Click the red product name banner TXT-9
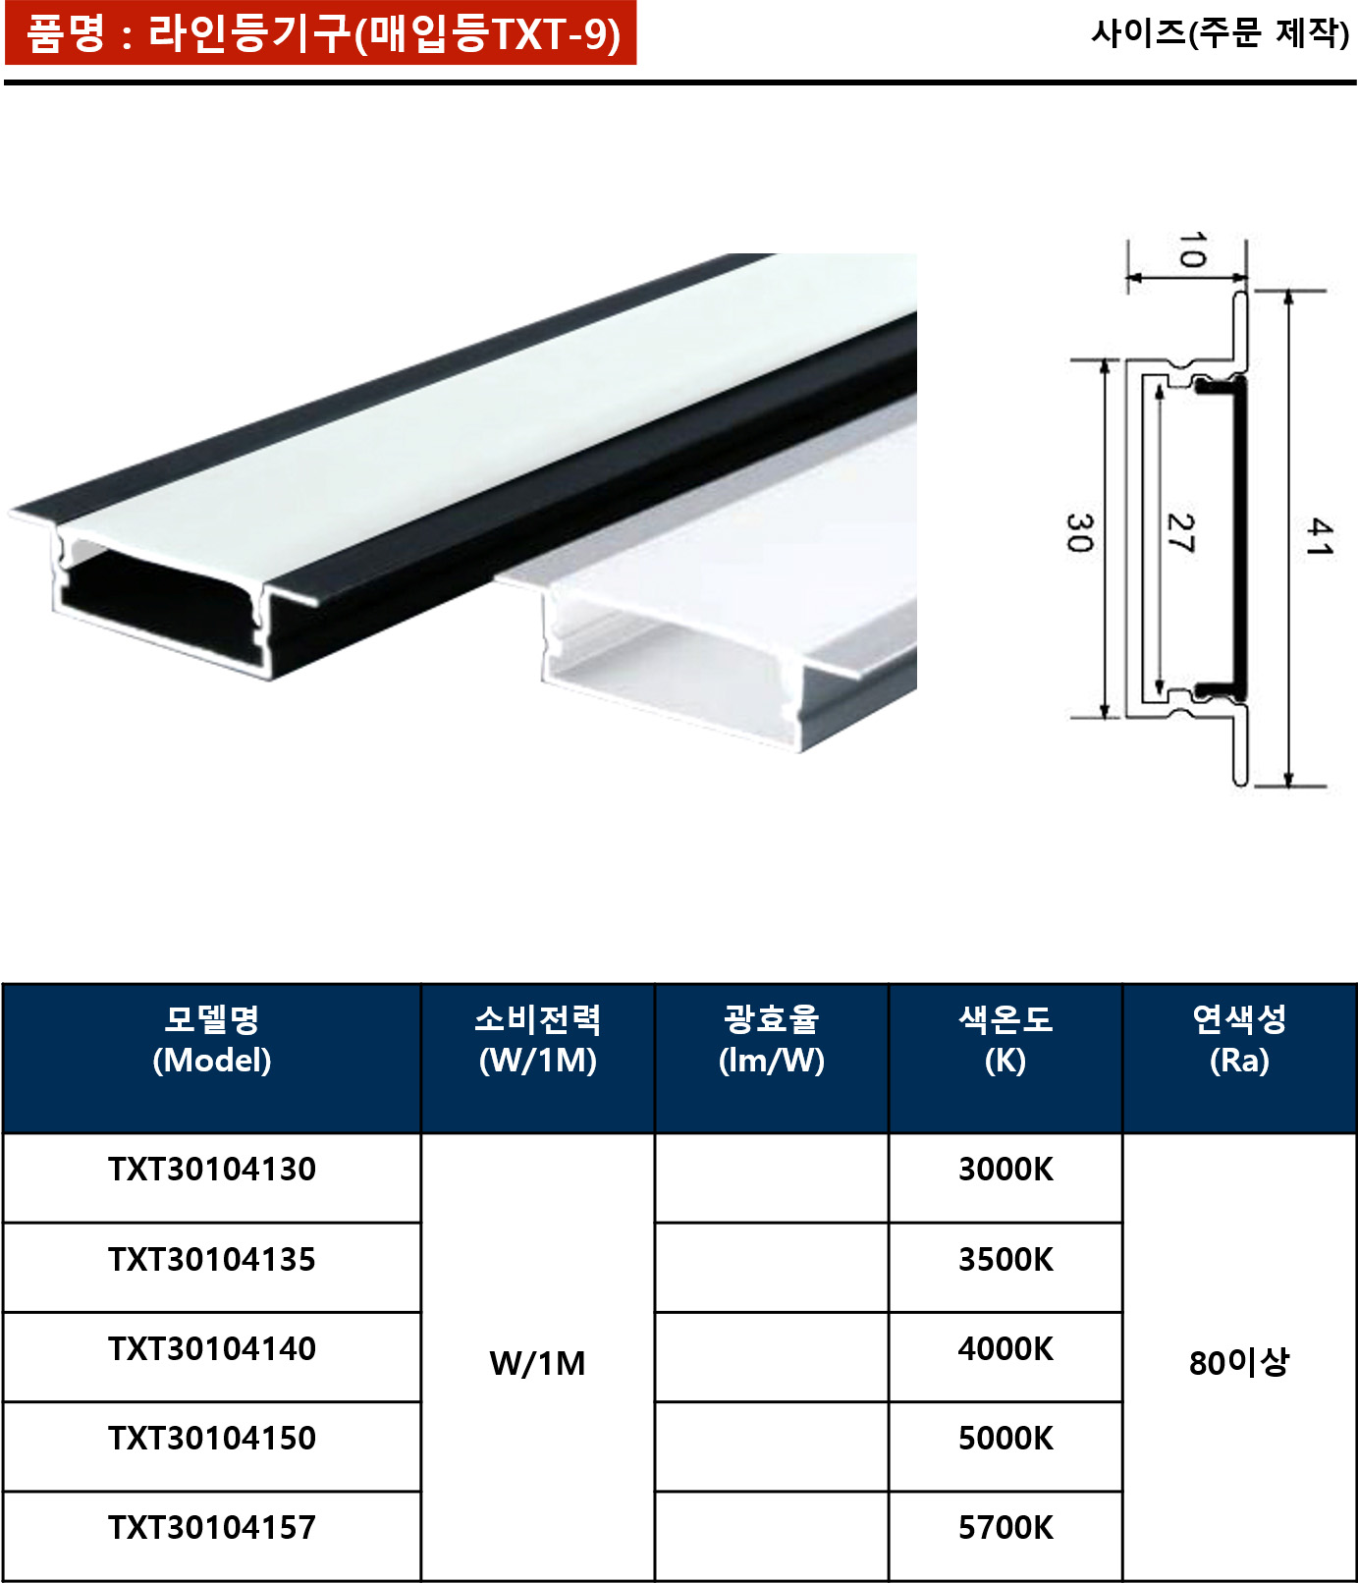pyautogui.click(x=321, y=33)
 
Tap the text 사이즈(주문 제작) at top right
pyautogui.click(x=1220, y=33)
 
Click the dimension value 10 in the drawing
pyautogui.click(x=1191, y=250)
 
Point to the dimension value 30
pyautogui.click(x=1079, y=533)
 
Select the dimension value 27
pyautogui.click(x=1179, y=533)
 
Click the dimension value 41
pyautogui.click(x=1319, y=537)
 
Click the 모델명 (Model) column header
pyautogui.click(x=212, y=1040)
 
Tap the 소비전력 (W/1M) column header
pyautogui.click(x=538, y=1040)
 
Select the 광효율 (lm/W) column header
pyautogui.click(x=772, y=1040)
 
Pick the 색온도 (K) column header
pyautogui.click(x=1005, y=1040)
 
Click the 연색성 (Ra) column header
pyautogui.click(x=1239, y=1040)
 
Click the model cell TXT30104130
pyautogui.click(x=212, y=1170)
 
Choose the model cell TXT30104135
pyautogui.click(x=212, y=1260)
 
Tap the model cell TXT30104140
pyautogui.click(x=212, y=1349)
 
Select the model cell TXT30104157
pyautogui.click(x=212, y=1528)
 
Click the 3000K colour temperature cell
pyautogui.click(x=1005, y=1170)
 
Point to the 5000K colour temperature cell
pyautogui.click(x=1005, y=1439)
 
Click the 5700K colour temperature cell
pyautogui.click(x=1005, y=1528)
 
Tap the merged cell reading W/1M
pyautogui.click(x=538, y=1363)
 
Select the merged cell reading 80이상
pyautogui.click(x=1239, y=1363)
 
